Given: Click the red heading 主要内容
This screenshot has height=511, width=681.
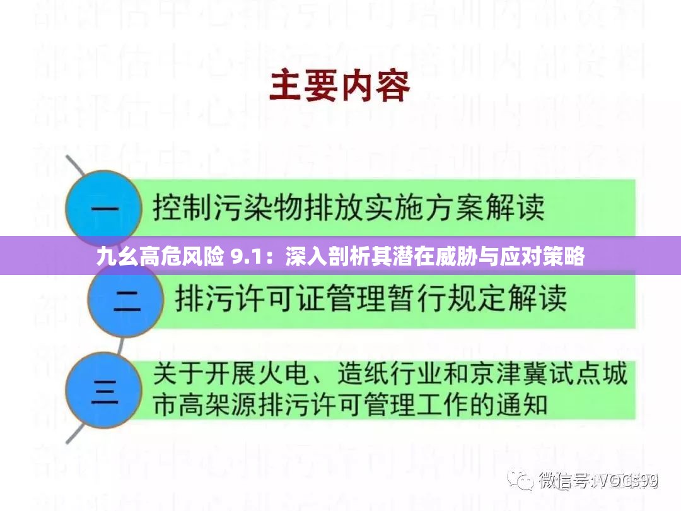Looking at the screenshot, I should tap(340, 86).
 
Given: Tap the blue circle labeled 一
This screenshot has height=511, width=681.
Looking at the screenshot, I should tap(102, 209).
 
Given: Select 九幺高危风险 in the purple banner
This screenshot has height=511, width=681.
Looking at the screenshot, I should tap(160, 257).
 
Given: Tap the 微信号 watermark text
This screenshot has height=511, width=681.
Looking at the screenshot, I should tap(564, 481).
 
